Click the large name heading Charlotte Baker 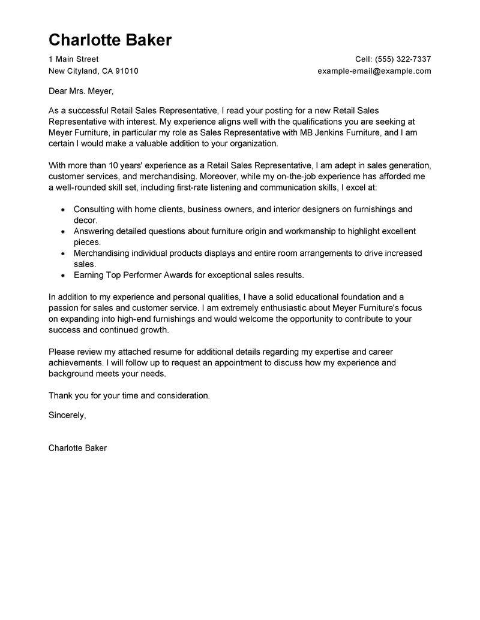pyautogui.click(x=110, y=40)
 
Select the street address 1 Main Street pyautogui.click(x=73, y=59)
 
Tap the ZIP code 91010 pyautogui.click(x=127, y=71)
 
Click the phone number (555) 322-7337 pyautogui.click(x=403, y=59)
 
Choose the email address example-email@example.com pyautogui.click(x=374, y=71)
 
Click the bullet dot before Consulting pyautogui.click(x=63, y=210)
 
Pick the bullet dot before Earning pyautogui.click(x=63, y=275)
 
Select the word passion pyautogui.click(x=64, y=308)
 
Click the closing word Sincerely pyautogui.click(x=67, y=415)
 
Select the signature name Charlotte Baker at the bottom pyautogui.click(x=77, y=448)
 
